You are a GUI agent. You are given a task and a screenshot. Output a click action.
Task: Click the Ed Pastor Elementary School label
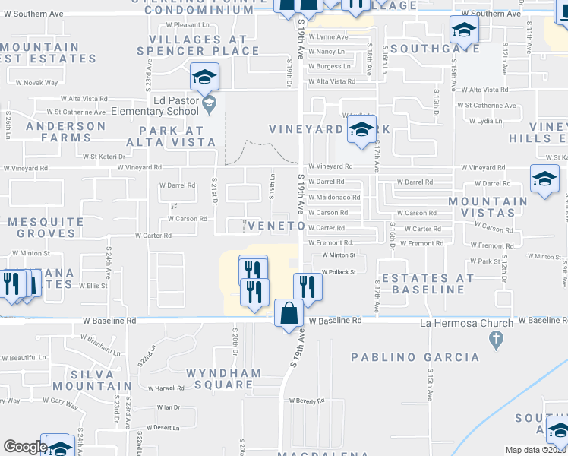(165, 105)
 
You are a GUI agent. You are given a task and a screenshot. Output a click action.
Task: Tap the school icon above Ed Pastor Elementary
(204, 77)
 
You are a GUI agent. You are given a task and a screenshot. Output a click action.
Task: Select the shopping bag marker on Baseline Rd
(289, 313)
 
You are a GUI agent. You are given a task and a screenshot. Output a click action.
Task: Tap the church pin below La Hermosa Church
(497, 339)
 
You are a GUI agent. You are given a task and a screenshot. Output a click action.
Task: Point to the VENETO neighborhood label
(275, 226)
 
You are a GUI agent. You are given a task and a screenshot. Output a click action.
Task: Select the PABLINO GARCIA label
(415, 357)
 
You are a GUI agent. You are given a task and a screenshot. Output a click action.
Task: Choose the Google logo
(24, 447)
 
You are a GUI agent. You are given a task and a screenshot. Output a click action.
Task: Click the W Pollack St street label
(339, 271)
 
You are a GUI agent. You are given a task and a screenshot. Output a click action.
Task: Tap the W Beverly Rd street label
(306, 400)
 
